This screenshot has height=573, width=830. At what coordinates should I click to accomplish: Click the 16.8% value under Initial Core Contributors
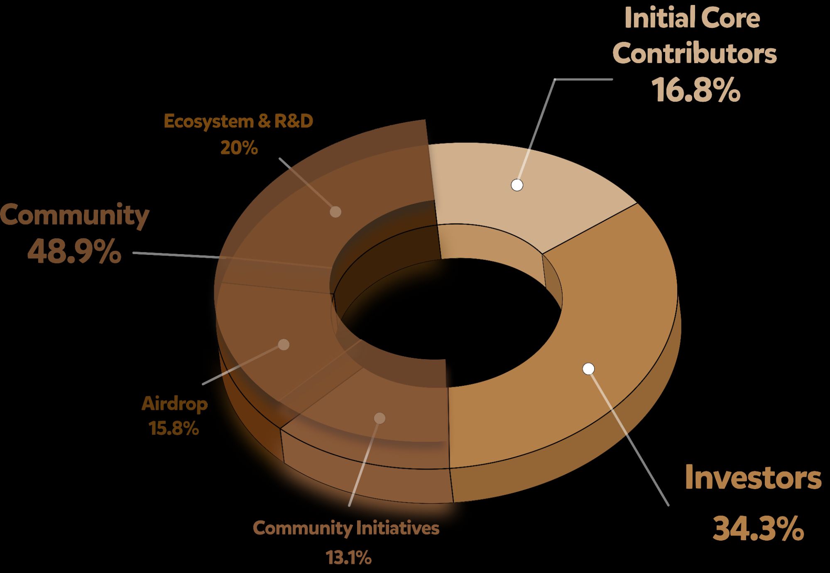pyautogui.click(x=695, y=90)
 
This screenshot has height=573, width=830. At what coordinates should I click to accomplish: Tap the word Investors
pyautogui.click(x=752, y=478)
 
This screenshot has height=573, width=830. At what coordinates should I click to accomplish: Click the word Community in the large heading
pyautogui.click(x=75, y=215)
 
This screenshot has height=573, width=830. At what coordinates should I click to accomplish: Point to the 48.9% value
pyautogui.click(x=74, y=252)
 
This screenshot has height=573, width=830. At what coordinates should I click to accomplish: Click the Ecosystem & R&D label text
pyautogui.click(x=238, y=121)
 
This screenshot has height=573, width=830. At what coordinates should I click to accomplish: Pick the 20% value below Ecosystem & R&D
pyautogui.click(x=239, y=148)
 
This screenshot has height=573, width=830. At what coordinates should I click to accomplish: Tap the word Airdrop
pyautogui.click(x=174, y=404)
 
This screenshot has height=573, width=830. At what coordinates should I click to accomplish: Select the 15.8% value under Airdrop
pyautogui.click(x=174, y=429)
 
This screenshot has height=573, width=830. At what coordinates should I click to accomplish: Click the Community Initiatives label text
pyautogui.click(x=346, y=528)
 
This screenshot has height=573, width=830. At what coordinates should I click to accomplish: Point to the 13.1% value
pyautogui.click(x=348, y=558)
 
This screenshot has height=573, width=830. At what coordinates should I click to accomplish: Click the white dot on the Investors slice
pyautogui.click(x=588, y=369)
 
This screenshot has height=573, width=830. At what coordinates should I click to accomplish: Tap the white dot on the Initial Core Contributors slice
pyautogui.click(x=517, y=185)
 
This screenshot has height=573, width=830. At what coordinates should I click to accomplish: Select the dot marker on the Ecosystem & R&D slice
pyautogui.click(x=335, y=212)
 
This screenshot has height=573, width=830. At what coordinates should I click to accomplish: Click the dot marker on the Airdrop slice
pyautogui.click(x=284, y=345)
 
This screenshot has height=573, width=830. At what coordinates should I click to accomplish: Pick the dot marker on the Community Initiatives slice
pyautogui.click(x=379, y=418)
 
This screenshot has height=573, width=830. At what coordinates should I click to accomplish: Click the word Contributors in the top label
pyautogui.click(x=694, y=54)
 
